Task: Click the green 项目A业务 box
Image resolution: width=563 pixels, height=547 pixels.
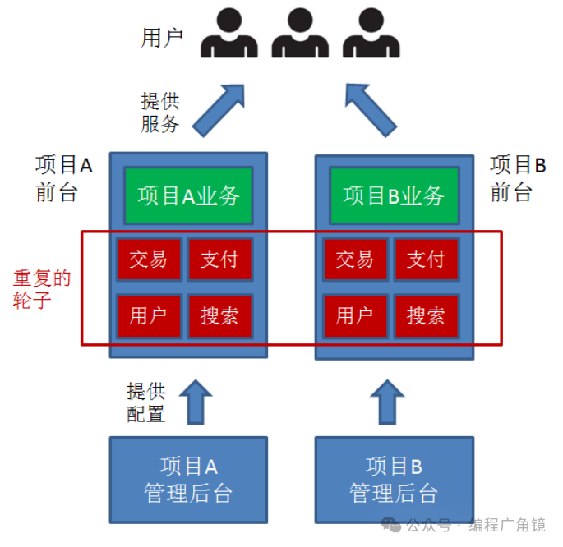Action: click(x=188, y=195)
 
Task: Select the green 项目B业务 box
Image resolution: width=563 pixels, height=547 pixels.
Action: click(x=394, y=195)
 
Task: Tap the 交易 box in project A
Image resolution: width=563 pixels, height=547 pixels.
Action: click(x=148, y=260)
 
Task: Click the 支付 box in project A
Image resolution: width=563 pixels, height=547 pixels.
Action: click(x=219, y=260)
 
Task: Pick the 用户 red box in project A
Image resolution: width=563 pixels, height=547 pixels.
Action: click(x=148, y=315)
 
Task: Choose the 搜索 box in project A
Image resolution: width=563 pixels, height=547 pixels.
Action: click(x=219, y=315)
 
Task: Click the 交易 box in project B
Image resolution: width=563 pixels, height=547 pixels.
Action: click(x=354, y=260)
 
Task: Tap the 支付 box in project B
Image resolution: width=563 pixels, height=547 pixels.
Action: click(x=426, y=260)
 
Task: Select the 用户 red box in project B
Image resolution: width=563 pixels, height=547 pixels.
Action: click(x=354, y=315)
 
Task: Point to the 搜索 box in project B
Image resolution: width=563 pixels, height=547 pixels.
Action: click(x=426, y=315)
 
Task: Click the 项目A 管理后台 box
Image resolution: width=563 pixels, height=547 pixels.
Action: click(x=188, y=480)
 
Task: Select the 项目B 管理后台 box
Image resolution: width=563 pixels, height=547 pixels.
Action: click(x=394, y=480)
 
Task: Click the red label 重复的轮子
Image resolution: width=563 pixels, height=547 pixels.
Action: click(x=41, y=288)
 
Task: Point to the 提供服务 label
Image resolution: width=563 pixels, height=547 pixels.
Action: click(x=159, y=113)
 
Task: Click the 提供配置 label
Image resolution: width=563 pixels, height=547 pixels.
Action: click(x=145, y=402)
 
